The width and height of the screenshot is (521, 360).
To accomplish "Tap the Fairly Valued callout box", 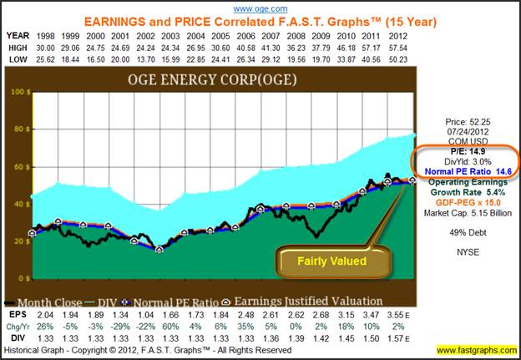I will coord(336,261).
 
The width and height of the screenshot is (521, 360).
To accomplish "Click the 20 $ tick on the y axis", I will coord(18,241).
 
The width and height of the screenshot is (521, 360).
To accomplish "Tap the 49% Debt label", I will coord(467,230).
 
